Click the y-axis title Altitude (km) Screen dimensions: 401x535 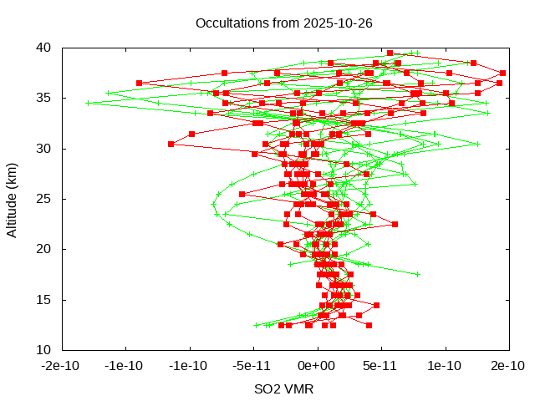(13, 199)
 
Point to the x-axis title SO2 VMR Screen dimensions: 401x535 (284, 388)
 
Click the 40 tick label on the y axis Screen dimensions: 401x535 (44, 48)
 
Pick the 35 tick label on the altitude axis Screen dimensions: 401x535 (44, 98)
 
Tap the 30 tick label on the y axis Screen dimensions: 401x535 (44, 149)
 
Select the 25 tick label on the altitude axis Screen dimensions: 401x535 (44, 199)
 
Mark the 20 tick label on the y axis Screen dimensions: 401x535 (44, 249)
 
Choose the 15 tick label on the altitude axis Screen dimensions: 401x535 (44, 299)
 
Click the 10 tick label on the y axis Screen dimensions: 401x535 (44, 349)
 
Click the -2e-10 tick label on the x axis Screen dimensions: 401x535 (62, 366)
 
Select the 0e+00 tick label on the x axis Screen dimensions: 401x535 (317, 366)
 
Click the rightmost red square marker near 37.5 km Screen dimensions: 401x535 (502, 74)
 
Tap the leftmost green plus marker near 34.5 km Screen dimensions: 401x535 (88, 103)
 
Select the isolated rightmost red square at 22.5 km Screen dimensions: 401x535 (395, 224)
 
